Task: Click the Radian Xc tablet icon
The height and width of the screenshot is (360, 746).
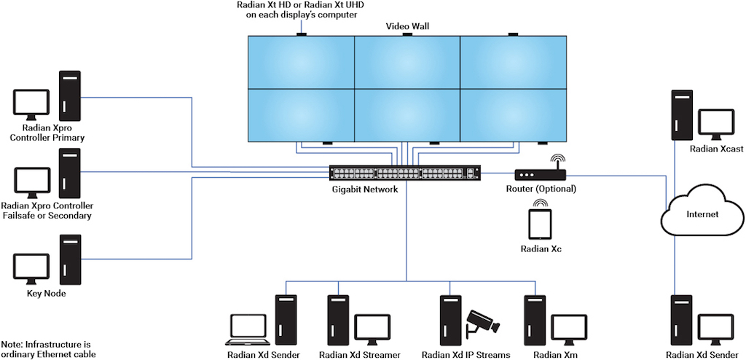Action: coord(540,225)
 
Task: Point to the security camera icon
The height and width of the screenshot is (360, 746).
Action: coord(480,321)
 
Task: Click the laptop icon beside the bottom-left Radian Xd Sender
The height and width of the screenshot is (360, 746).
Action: coord(249,329)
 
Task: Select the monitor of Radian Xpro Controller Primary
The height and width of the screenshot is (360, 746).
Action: coord(31,105)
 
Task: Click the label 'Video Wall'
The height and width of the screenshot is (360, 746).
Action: coord(407,26)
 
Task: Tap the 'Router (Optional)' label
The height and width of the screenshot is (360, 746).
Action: coord(541,189)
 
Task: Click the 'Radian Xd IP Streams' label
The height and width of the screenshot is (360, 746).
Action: coord(466,355)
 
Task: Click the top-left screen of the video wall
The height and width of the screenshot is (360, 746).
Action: coord(301,62)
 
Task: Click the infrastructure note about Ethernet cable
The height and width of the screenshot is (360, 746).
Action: coord(48,349)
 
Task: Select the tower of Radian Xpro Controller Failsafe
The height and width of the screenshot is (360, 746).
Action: coord(70,173)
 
